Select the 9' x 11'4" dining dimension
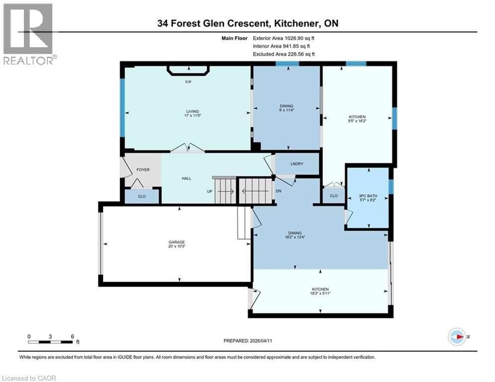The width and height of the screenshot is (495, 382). point(287,111)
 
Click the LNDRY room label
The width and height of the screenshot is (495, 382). point(297,164)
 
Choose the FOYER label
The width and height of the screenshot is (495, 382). point(143,170)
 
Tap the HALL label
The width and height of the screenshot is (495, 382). point(187,179)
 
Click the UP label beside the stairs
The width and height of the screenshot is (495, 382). point(210,191)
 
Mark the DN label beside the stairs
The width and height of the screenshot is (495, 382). point(279,191)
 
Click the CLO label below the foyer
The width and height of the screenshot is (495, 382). point(142,196)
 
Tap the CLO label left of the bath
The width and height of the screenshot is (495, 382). point(333,196)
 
